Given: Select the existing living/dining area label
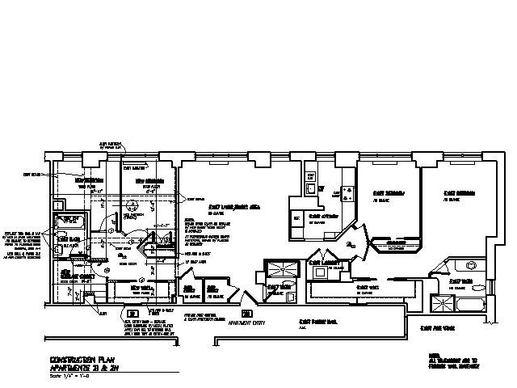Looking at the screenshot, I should click(x=239, y=207).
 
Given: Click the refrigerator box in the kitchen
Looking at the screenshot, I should click(x=297, y=218).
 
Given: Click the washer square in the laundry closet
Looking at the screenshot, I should click(x=319, y=273).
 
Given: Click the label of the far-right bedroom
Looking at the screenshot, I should click(x=457, y=194).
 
